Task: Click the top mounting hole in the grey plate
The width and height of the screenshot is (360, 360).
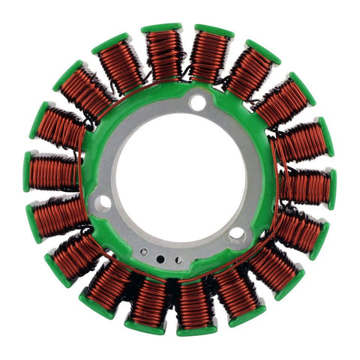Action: (x=197, y=103)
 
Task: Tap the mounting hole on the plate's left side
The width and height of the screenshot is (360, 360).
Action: (x=103, y=201)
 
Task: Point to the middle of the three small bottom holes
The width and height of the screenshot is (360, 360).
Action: (x=159, y=259)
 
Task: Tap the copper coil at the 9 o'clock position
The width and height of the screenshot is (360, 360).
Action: (x=55, y=172)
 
